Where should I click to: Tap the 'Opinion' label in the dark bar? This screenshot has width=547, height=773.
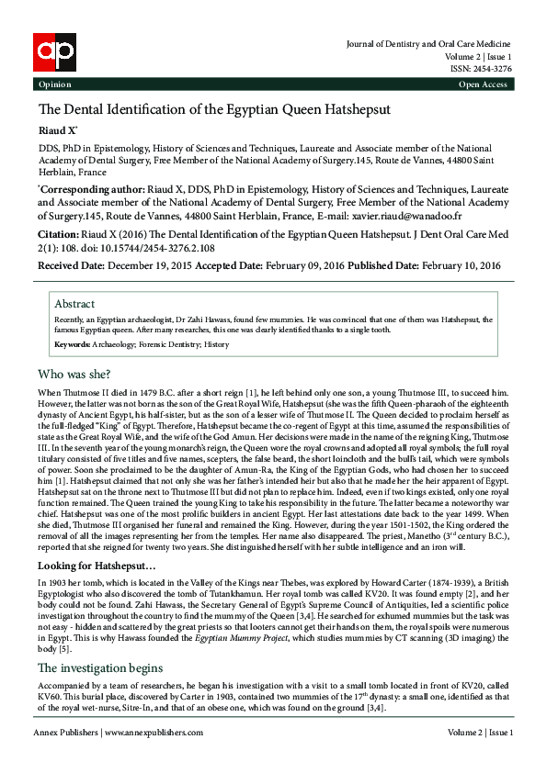pos(54,84)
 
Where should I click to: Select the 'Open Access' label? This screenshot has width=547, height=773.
pos(483,84)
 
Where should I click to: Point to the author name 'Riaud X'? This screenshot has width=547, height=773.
pos(56,131)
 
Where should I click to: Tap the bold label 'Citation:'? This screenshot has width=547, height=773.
pos(63,235)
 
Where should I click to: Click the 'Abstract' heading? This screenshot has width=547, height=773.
pos(74,304)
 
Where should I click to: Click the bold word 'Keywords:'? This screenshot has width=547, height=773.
pos(73,344)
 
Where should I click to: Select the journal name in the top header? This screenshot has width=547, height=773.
pos(428,44)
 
